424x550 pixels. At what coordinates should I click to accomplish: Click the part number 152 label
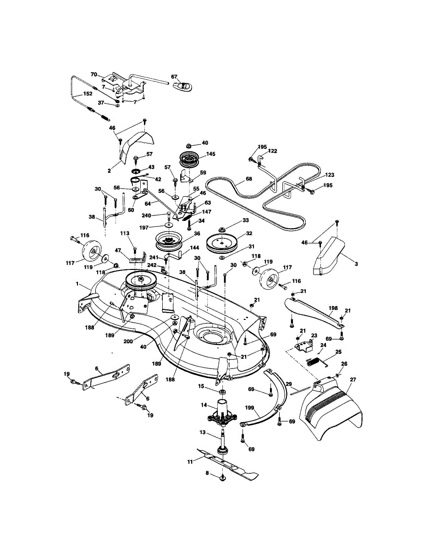(88, 93)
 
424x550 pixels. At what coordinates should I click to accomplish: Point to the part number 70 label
(94, 74)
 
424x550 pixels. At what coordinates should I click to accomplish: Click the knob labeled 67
(183, 86)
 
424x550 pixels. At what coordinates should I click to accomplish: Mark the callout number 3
(356, 264)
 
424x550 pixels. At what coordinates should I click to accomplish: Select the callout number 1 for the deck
(77, 284)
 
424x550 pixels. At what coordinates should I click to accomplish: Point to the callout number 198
(333, 308)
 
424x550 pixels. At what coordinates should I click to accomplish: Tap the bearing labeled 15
(222, 391)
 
